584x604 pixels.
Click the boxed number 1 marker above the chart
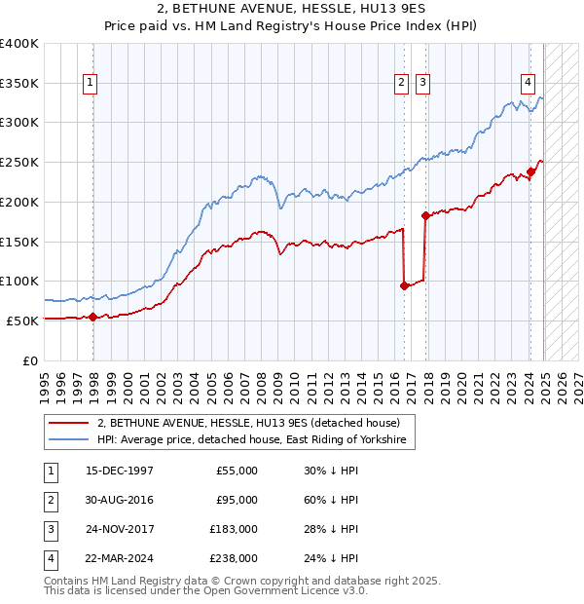click(90, 84)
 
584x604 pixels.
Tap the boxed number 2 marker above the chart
click(401, 84)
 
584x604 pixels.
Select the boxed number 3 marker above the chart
click(422, 84)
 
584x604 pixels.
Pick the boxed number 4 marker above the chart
click(528, 84)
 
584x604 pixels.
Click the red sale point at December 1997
click(93, 317)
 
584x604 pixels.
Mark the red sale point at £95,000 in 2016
click(405, 285)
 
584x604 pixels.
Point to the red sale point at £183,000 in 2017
click(425, 215)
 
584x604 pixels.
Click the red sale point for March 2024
click(530, 171)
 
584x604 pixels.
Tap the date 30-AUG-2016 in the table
click(120, 500)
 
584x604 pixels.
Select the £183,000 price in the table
click(234, 529)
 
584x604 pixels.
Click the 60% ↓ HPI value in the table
click(331, 500)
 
